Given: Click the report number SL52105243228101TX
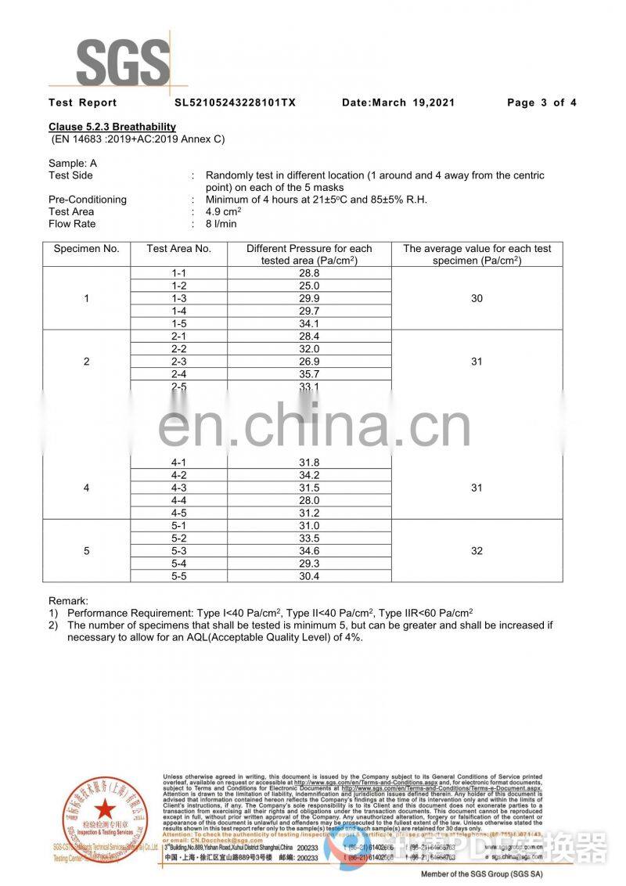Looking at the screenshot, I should (235, 103).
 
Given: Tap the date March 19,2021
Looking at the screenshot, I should (398, 103).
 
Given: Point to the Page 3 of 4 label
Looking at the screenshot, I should (541, 103).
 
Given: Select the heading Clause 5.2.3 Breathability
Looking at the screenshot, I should (112, 127).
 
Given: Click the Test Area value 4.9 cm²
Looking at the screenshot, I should (222, 211).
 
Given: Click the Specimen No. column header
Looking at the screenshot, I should (86, 249).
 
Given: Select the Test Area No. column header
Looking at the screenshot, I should (179, 249).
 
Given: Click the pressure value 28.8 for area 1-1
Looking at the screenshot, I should (309, 273).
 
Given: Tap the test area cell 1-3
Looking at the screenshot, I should (179, 298).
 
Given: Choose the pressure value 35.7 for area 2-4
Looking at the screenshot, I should (309, 374).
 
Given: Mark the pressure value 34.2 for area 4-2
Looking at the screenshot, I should (309, 475).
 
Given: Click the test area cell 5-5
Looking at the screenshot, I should (179, 576).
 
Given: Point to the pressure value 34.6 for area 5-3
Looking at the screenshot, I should (309, 551).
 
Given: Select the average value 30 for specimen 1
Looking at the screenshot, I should (477, 298).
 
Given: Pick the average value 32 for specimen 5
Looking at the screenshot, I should (477, 551).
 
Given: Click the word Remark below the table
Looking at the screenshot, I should (68, 600).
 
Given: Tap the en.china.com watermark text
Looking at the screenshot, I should (313, 427).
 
